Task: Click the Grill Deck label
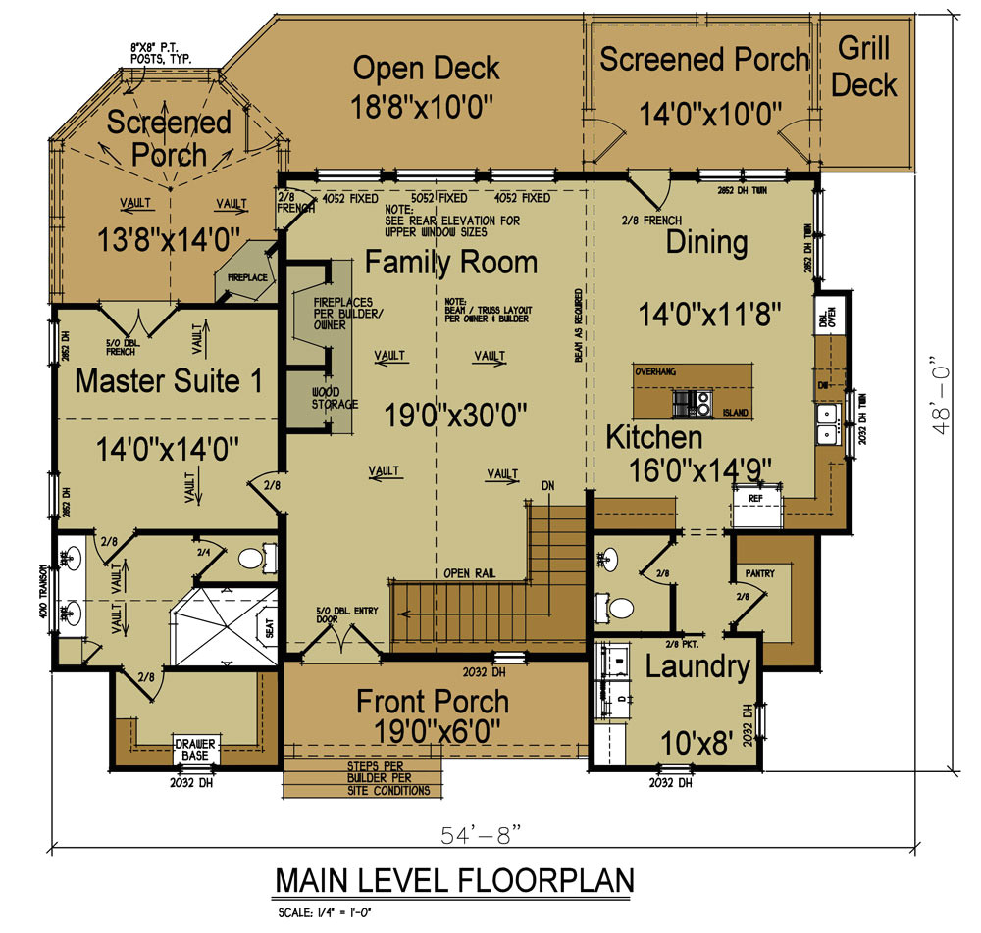864,67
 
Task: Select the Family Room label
451,262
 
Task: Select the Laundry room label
697,667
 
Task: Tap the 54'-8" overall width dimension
481,833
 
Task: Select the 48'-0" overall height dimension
944,393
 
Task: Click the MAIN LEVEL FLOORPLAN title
453,879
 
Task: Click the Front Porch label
433,701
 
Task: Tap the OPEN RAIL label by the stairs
468,573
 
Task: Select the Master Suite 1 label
169,380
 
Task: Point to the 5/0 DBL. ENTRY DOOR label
338,614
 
